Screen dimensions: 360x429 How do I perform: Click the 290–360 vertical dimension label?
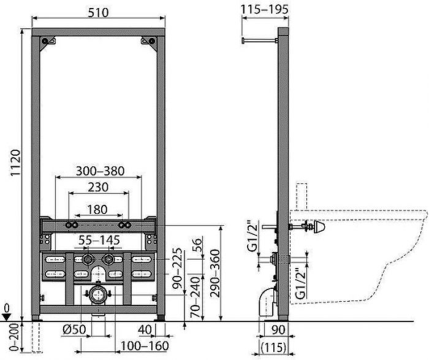213,272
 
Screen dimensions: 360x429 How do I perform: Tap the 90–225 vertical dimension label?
178,271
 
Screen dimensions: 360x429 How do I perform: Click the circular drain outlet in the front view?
97,295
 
